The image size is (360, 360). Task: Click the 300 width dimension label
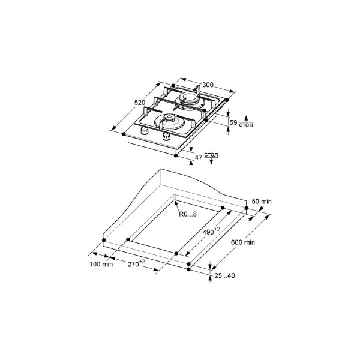coord(208,85)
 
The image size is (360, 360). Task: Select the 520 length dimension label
coord(140,103)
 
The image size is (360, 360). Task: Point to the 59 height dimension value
coord(233,122)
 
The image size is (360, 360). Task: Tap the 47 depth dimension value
coord(199,157)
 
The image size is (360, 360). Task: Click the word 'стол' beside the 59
coord(246,125)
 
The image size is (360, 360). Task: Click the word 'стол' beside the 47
coord(211,155)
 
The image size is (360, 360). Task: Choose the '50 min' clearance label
coord(262,202)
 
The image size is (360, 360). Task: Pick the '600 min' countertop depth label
coord(243,242)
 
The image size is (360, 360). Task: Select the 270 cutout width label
coord(136,263)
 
